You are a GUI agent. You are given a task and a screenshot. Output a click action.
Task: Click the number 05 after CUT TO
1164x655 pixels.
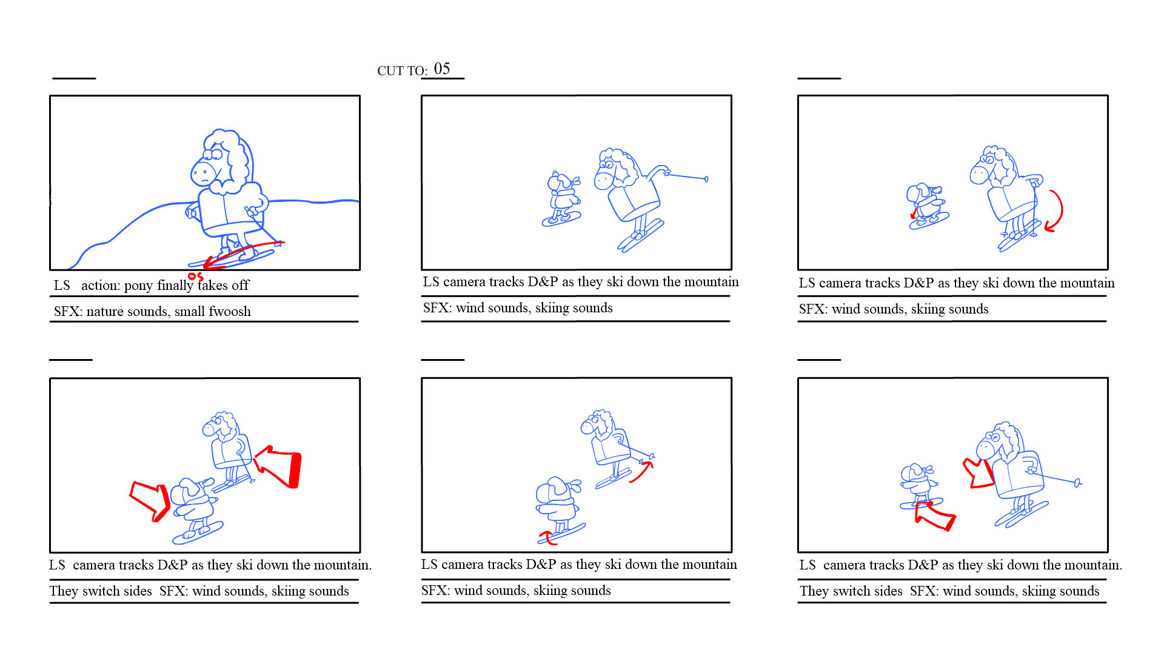442,69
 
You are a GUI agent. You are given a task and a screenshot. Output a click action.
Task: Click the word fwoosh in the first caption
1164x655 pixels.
230,311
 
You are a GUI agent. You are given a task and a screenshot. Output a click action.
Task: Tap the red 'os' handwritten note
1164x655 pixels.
195,277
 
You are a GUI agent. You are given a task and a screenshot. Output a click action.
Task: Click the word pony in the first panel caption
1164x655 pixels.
139,286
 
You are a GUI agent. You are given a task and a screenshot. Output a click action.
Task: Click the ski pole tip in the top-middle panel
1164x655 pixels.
706,179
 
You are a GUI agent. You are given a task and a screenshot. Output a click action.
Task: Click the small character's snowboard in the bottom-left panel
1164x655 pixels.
198,532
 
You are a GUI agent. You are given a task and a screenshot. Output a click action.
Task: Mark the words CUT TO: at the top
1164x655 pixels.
403,71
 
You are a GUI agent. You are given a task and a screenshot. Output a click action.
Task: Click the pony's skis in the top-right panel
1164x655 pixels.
1019,236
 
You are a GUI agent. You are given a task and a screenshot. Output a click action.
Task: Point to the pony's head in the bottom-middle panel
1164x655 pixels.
598,424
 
